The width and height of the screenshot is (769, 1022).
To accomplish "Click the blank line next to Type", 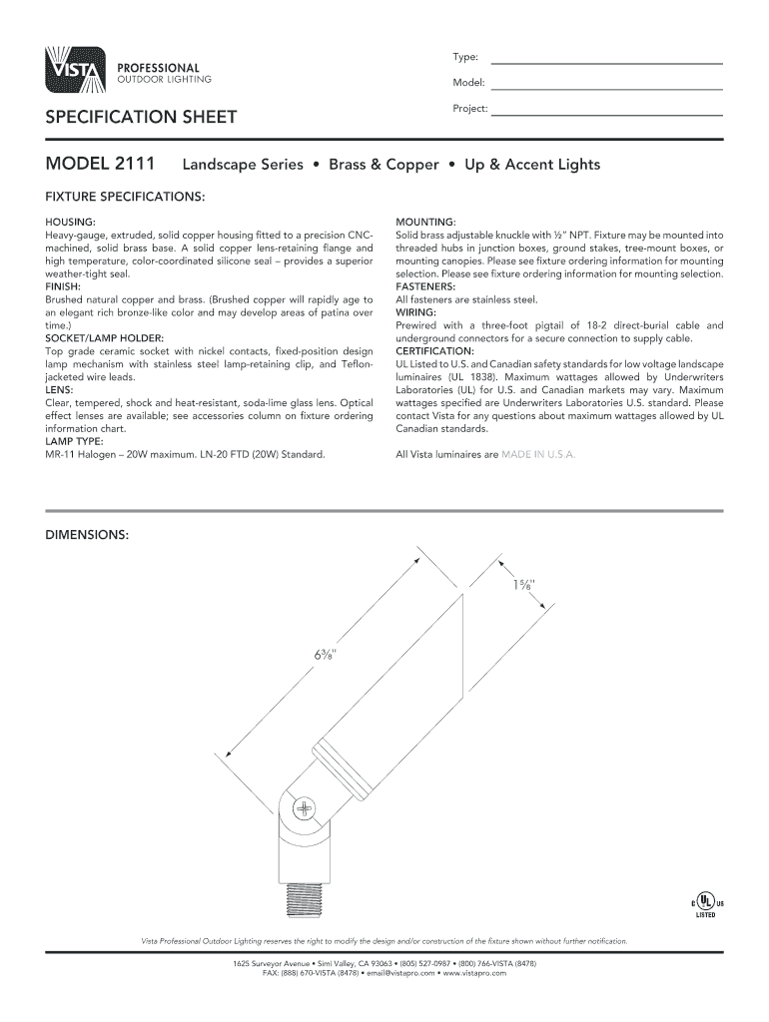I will [x=606, y=62].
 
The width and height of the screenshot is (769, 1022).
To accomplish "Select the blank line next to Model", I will [x=606, y=88].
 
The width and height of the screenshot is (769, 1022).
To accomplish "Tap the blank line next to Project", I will [x=606, y=114].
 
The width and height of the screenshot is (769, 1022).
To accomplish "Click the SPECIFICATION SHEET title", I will [x=141, y=118].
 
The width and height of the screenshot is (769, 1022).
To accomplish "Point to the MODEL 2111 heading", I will [x=98, y=164].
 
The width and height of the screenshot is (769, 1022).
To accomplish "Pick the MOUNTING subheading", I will [x=426, y=220].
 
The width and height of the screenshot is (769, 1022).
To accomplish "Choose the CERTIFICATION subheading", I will [x=435, y=352].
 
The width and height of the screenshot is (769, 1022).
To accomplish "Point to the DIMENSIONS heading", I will [x=87, y=535].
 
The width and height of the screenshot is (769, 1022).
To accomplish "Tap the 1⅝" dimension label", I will [x=524, y=584].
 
